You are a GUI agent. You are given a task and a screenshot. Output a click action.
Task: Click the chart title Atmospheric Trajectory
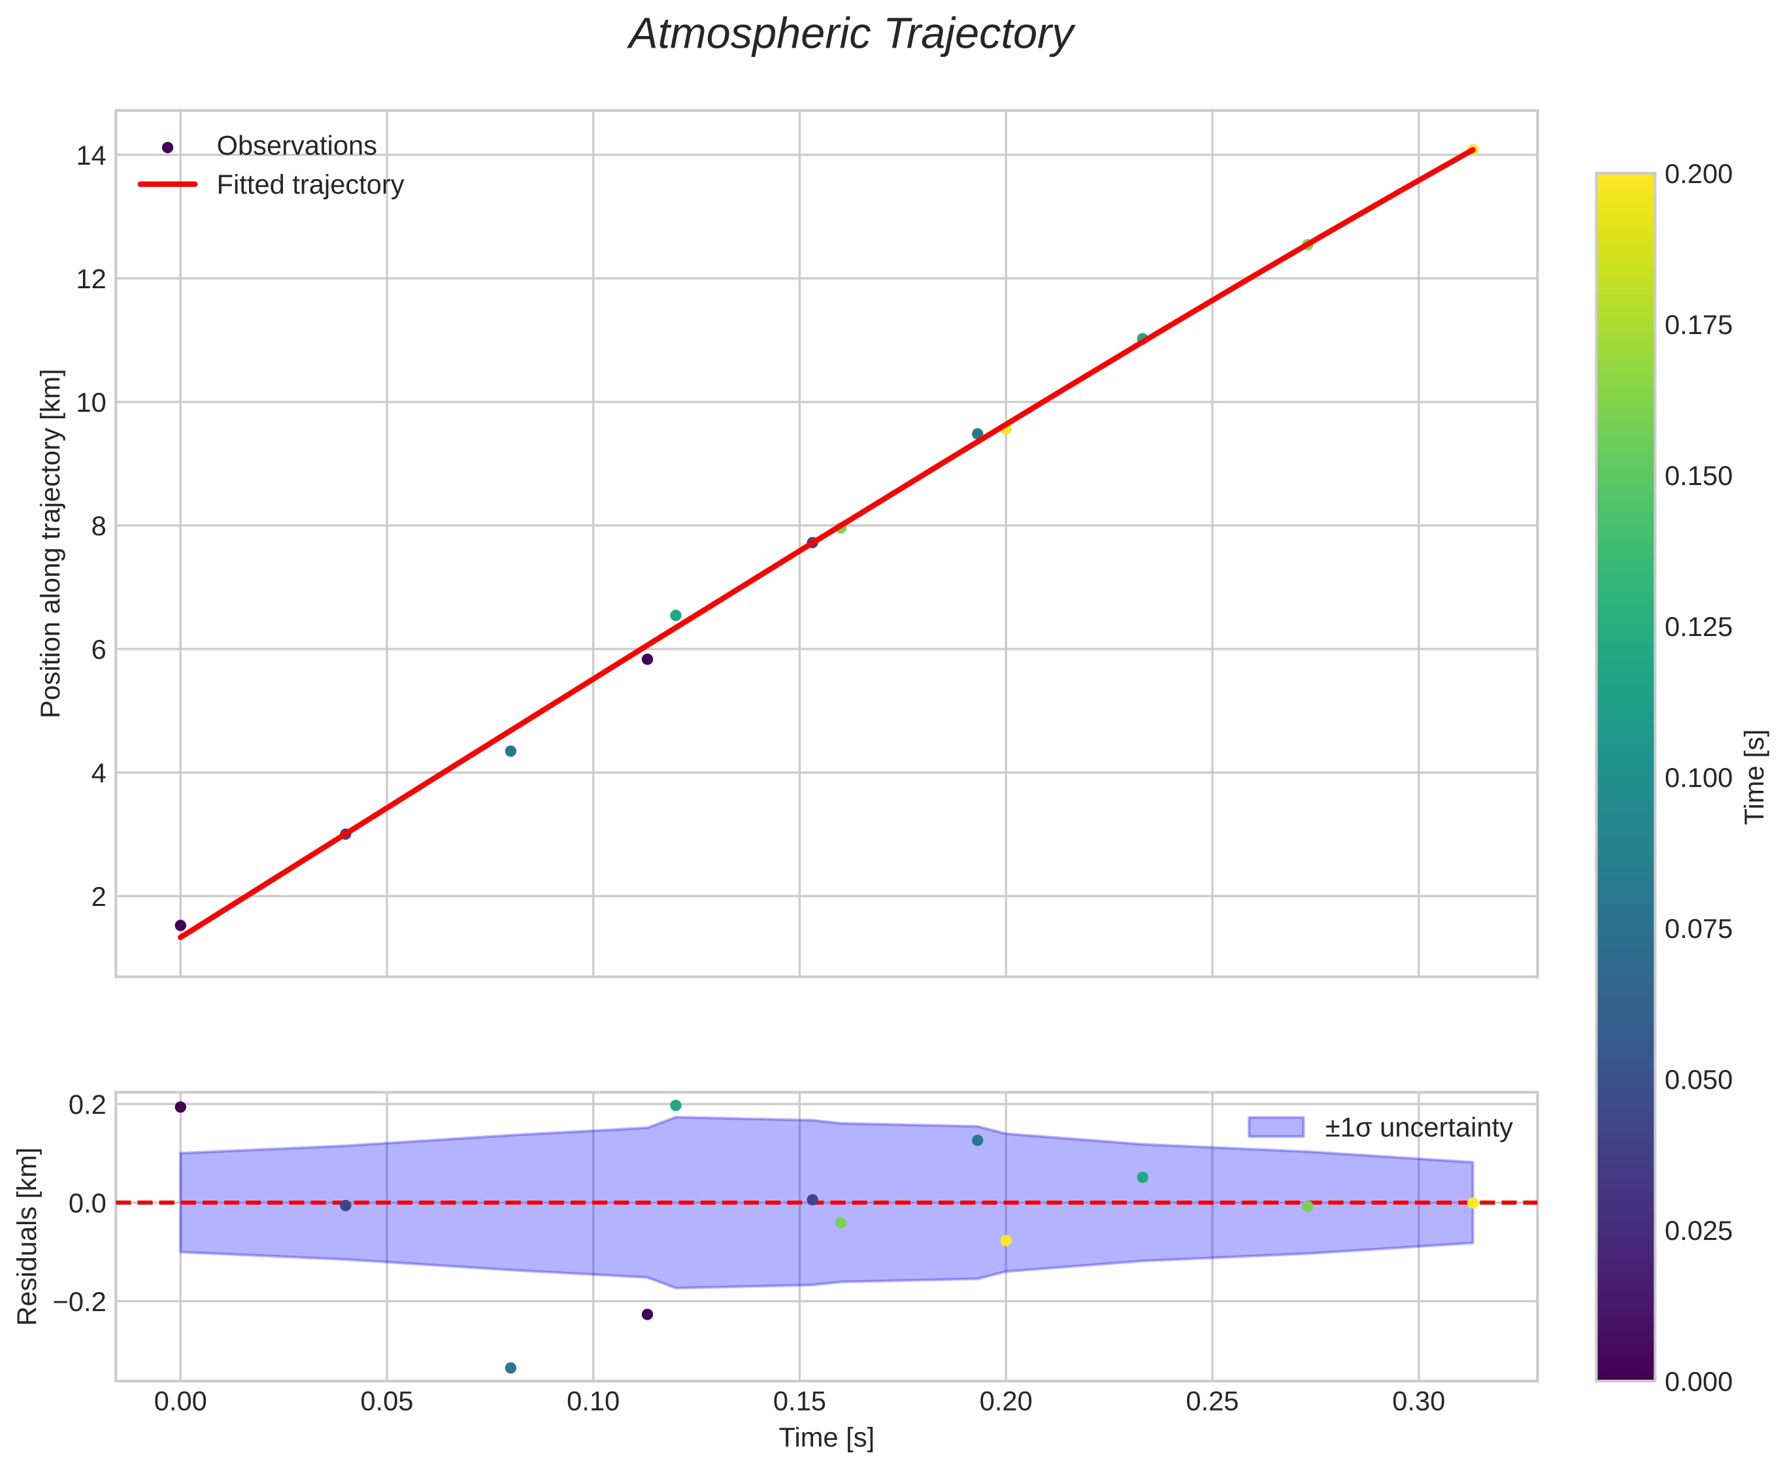tap(850, 35)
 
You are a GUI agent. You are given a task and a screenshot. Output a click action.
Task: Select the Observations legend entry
tap(296, 146)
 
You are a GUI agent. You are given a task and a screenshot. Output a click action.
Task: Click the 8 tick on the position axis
tap(99, 526)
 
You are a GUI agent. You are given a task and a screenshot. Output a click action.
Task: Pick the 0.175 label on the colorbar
tap(1698, 325)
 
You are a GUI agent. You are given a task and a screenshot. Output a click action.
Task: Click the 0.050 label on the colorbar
tap(1698, 1080)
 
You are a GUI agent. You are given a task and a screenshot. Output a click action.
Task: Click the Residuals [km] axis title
tap(28, 1237)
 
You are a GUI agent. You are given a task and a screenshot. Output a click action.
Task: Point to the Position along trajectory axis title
tap(52, 543)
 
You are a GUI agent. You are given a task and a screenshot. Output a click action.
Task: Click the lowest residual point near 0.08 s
tap(510, 1368)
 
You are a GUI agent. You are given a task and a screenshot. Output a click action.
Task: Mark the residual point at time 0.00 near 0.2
tap(180, 1107)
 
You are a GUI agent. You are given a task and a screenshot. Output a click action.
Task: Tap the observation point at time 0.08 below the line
tap(510, 751)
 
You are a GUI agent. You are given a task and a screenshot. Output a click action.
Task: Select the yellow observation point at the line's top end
tap(1472, 150)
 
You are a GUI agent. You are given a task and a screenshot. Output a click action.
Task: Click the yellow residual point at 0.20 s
tap(1005, 1241)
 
